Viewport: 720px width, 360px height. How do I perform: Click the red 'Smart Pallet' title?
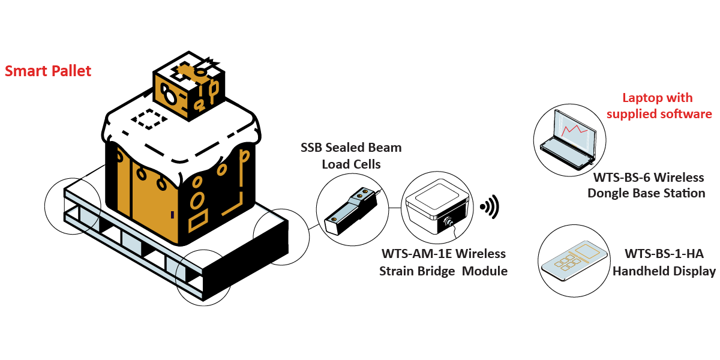pyautogui.click(x=48, y=71)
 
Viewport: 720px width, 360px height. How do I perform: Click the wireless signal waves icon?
pyautogui.click(x=490, y=207)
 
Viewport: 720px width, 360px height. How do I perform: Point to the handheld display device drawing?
pyautogui.click(x=571, y=262)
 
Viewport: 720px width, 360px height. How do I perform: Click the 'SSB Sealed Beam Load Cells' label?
pyautogui.click(x=352, y=155)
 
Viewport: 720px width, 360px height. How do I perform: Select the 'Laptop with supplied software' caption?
pyautogui.click(x=658, y=106)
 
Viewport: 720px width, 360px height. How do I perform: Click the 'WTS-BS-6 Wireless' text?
pyautogui.click(x=648, y=178)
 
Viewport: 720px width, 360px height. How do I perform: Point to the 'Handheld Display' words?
pyautogui.click(x=664, y=271)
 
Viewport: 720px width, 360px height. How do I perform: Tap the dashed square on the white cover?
pyautogui.click(x=148, y=119)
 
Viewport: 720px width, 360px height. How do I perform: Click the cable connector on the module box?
pyautogui.click(x=448, y=223)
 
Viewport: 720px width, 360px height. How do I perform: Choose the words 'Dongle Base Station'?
pyautogui.click(x=646, y=193)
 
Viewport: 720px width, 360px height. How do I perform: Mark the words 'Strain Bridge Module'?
pyautogui.click(x=443, y=271)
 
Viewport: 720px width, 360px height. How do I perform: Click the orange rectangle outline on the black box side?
pyautogui.click(x=199, y=221)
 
